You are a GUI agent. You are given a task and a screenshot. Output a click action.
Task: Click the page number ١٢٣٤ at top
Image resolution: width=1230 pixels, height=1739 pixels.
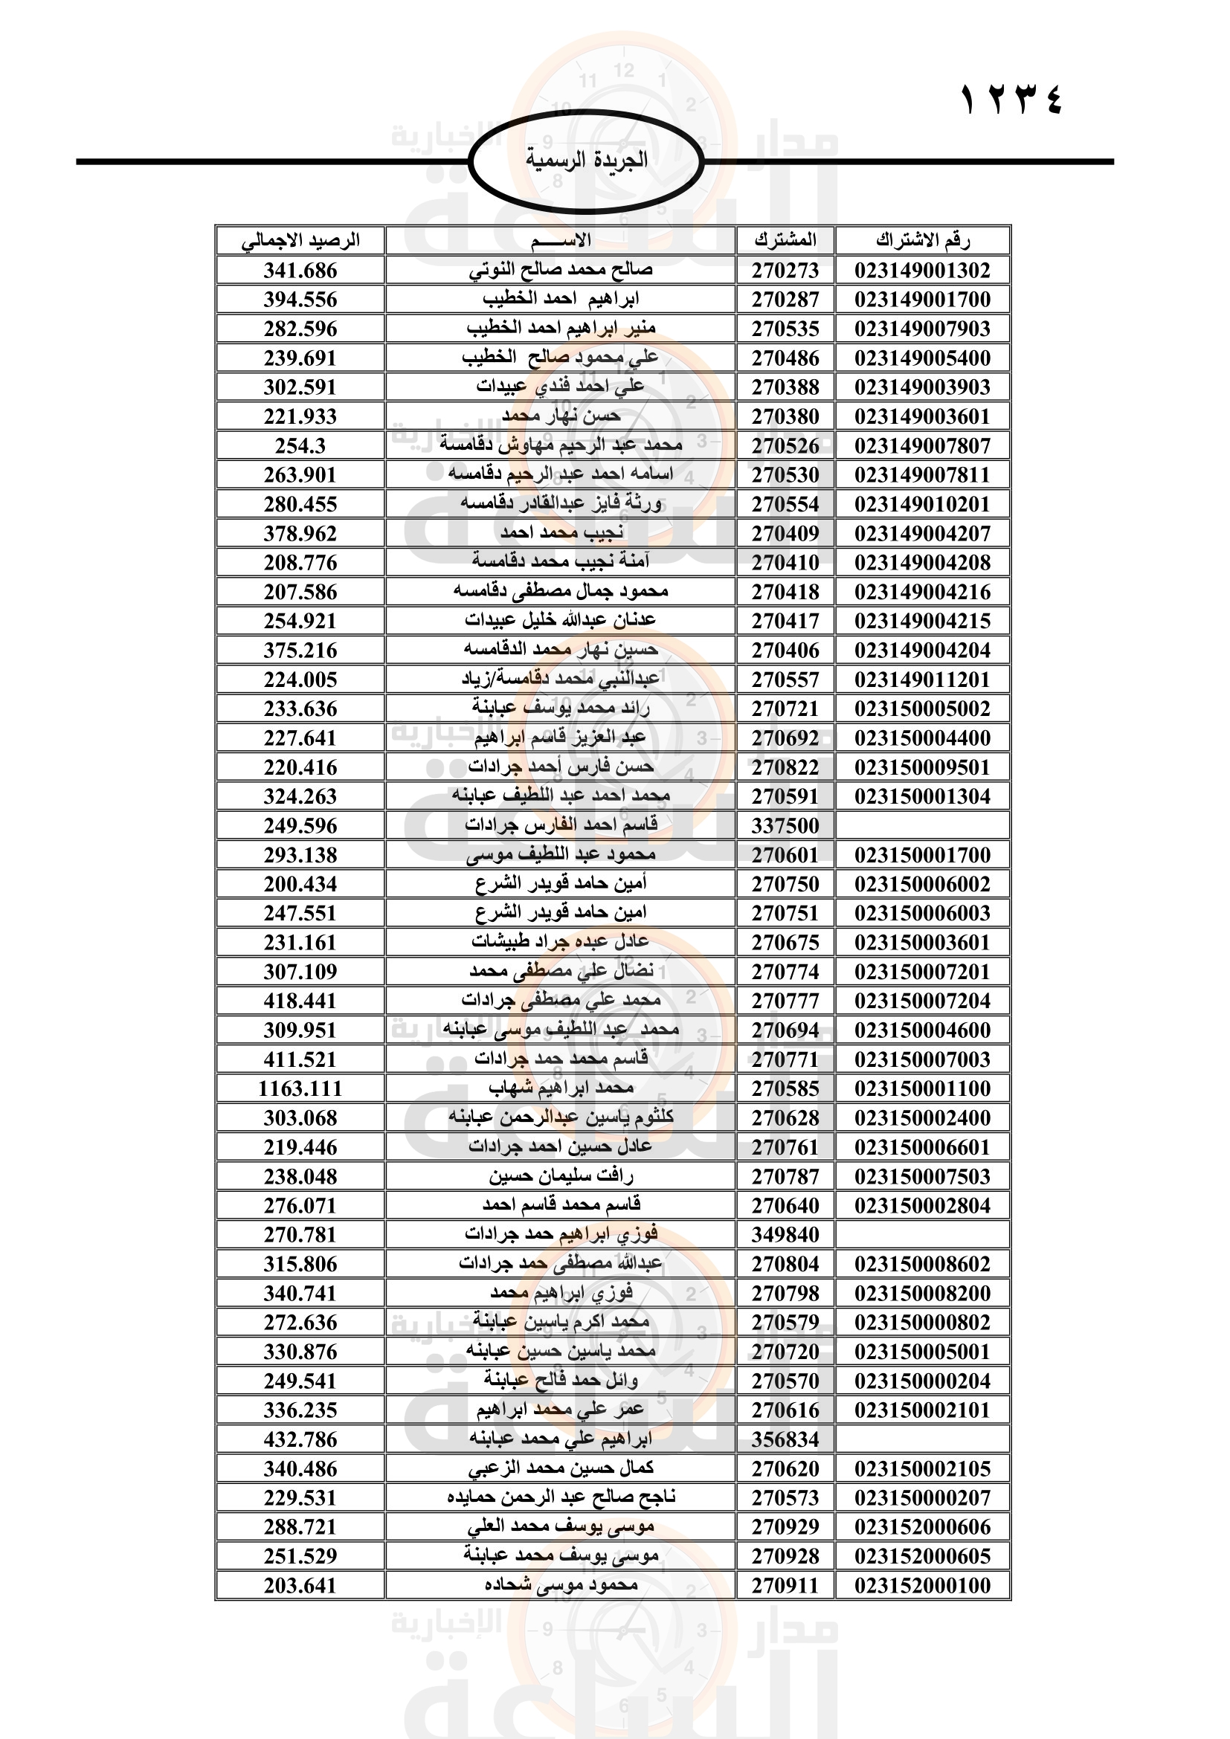(1011, 100)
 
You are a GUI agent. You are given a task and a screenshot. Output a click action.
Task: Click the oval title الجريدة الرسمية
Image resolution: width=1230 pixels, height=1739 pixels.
(586, 160)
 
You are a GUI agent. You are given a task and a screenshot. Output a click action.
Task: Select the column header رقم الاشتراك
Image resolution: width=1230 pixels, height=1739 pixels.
(922, 241)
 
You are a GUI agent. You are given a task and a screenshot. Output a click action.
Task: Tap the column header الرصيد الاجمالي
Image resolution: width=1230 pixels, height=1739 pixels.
(300, 241)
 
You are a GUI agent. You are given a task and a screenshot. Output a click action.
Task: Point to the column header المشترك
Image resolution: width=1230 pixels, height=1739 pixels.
(785, 241)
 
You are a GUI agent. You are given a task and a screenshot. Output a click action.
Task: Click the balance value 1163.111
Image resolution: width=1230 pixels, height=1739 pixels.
(300, 1088)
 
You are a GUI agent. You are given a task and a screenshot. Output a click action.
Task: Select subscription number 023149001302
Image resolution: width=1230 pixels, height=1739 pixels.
(922, 271)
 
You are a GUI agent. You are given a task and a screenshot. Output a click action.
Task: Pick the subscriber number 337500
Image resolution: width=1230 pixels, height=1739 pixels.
(785, 825)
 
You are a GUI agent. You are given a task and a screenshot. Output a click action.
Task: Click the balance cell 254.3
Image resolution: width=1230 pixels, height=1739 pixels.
(300, 446)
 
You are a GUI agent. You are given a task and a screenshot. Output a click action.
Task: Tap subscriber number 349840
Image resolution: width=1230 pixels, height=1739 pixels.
(785, 1235)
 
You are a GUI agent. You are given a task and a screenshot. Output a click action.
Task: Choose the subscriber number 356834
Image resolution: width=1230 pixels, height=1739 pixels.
(785, 1439)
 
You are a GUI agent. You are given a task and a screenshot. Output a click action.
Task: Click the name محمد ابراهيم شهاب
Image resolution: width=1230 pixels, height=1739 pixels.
(561, 1088)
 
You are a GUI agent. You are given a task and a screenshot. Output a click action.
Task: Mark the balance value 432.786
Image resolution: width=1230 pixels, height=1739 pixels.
(300, 1439)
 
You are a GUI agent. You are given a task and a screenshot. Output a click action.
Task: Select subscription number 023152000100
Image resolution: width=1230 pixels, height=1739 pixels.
(922, 1585)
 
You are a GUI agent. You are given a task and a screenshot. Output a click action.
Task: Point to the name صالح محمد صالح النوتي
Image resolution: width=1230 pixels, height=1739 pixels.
(561, 271)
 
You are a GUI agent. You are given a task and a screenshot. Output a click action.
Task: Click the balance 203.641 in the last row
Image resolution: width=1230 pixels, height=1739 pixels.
(300, 1585)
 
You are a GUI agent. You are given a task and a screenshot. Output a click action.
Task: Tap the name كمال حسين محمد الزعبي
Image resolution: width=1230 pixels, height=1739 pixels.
(561, 1468)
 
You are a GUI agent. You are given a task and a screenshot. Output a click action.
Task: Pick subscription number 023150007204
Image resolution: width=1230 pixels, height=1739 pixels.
(922, 1001)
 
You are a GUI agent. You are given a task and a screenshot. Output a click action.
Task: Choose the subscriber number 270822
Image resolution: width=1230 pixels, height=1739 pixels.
(785, 767)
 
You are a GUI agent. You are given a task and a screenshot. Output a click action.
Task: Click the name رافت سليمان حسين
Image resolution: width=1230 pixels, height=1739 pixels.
(561, 1176)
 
